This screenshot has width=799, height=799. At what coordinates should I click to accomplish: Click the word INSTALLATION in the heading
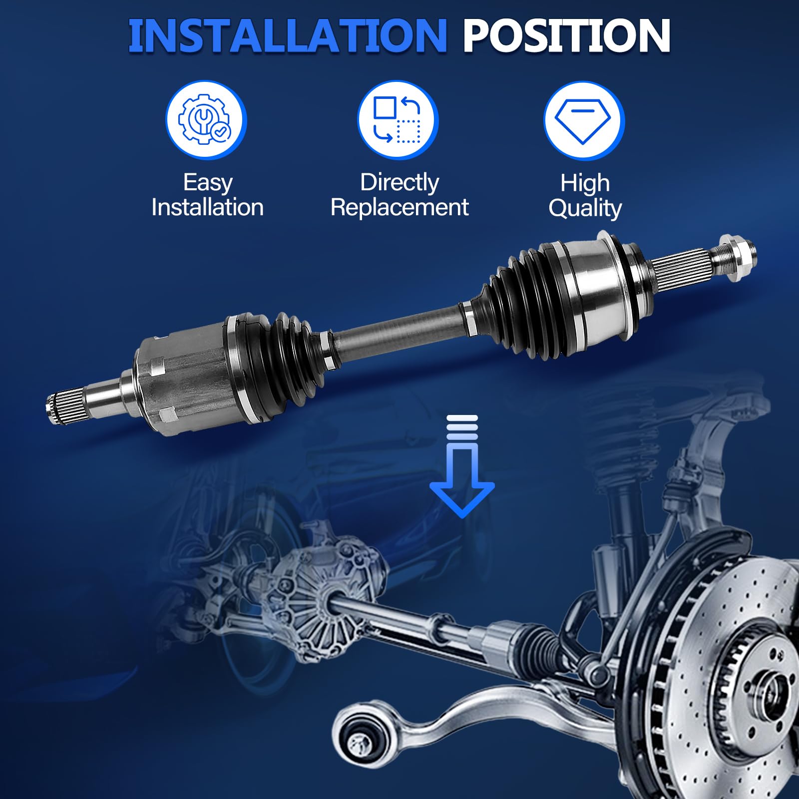coord(287,36)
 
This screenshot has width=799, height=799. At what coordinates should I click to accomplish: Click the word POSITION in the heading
coord(566,36)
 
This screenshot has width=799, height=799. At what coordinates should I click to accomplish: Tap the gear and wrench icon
coord(206,120)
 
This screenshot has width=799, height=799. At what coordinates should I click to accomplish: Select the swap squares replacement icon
coord(398,120)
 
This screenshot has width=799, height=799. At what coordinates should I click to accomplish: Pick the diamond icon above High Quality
coord(584,120)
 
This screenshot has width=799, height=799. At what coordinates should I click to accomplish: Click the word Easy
coord(208,183)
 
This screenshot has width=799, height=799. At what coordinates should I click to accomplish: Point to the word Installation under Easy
coord(207,207)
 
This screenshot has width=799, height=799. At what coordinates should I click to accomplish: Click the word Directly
coord(399,183)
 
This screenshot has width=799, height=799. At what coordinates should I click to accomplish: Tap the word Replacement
coord(399,207)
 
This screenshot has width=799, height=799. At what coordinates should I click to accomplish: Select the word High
coord(585,183)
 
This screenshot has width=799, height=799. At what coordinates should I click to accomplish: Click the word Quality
coord(585,208)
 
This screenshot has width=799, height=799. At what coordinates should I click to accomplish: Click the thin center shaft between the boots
coord(399,330)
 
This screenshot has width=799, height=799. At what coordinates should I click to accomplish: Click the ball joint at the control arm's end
coord(356,740)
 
